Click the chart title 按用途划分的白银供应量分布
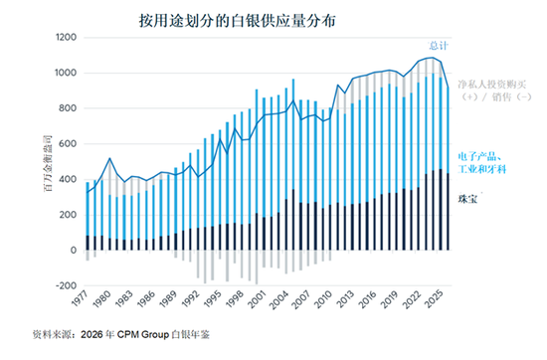[237, 21]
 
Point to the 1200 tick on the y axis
[66, 37]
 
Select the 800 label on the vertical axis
[68, 108]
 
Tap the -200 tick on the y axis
[66, 285]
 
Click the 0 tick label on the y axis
[74, 250]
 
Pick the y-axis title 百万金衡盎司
[48, 163]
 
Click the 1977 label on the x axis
[81, 298]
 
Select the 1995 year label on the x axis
[213, 298]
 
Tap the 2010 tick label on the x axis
[322, 299]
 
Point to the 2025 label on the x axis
[433, 299]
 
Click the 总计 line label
[439, 46]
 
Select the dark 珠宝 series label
[467, 199]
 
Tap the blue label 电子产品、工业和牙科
[481, 163]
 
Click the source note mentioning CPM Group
[121, 334]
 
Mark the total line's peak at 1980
[109, 158]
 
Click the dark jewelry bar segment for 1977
[88, 243]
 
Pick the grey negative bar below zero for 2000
[257, 268]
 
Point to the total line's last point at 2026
[448, 88]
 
